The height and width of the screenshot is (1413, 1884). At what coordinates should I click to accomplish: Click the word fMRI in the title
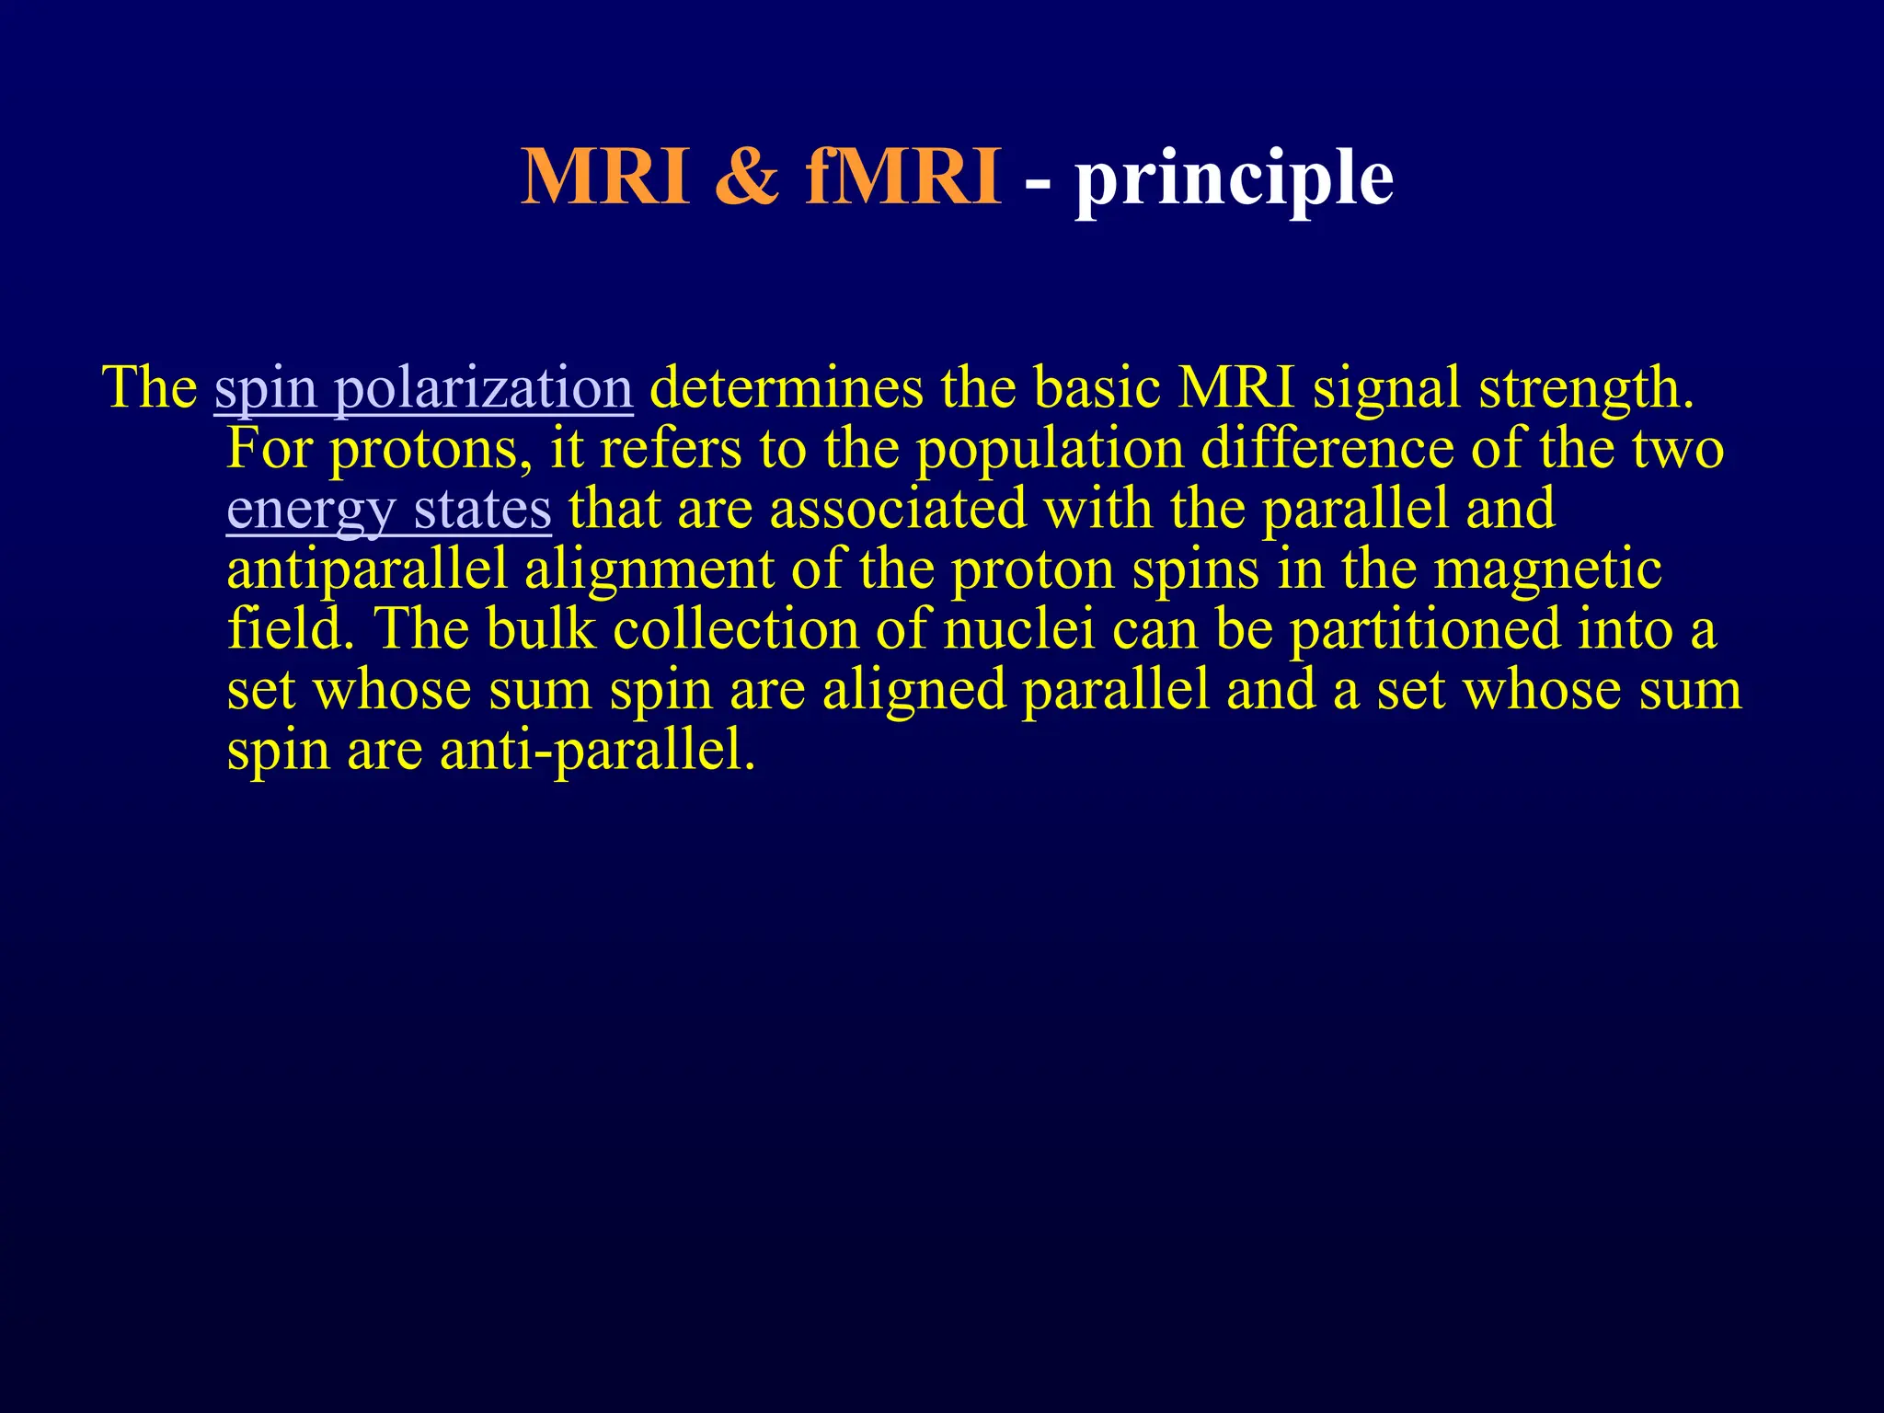[x=903, y=177]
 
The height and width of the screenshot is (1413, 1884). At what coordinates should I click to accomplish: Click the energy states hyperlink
[x=388, y=511]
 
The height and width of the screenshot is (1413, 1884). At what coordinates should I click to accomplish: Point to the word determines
[x=787, y=387]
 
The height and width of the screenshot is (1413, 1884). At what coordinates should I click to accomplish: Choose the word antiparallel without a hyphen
[x=367, y=569]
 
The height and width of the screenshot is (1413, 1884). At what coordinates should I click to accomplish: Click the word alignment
[x=649, y=571]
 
